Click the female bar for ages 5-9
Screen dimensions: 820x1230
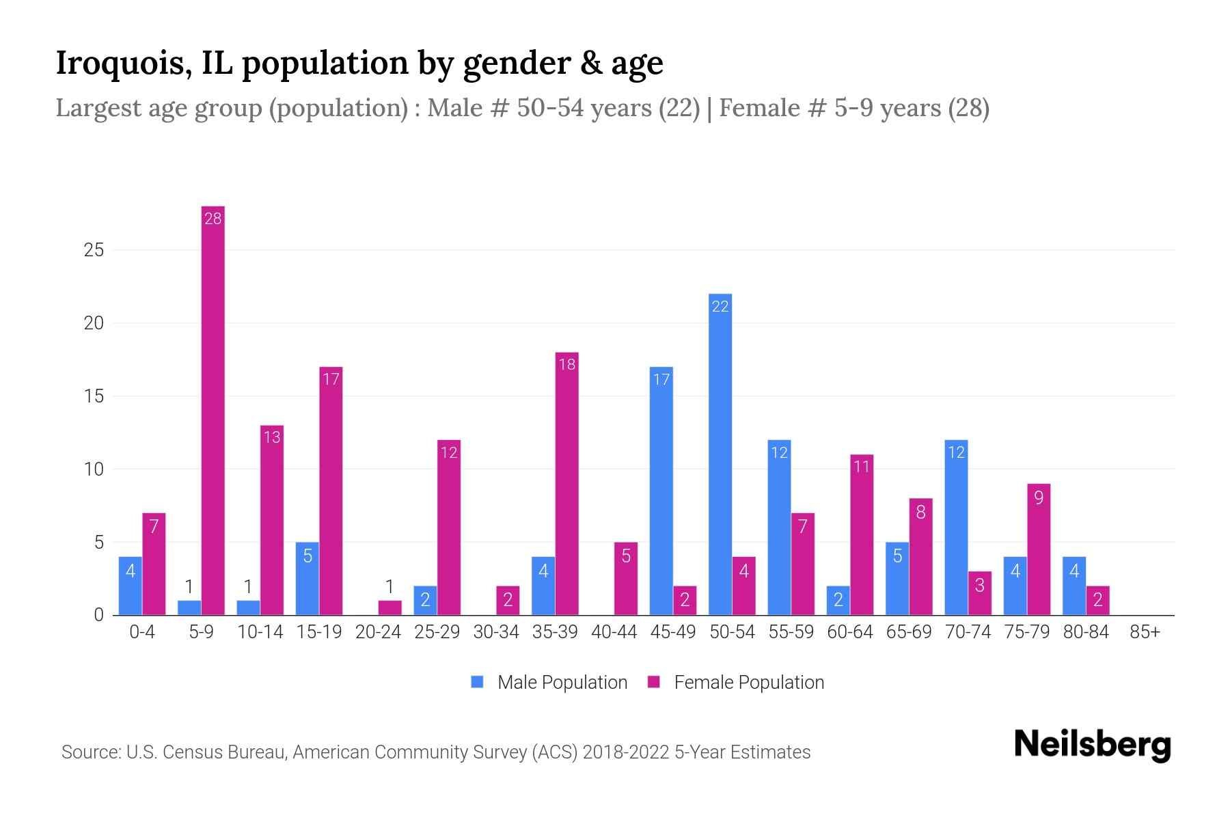[x=213, y=410]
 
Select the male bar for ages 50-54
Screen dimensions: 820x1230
[x=720, y=454]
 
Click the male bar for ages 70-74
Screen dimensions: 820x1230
[x=956, y=528]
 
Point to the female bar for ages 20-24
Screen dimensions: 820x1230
[x=390, y=607]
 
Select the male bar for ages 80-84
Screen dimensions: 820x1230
[x=1074, y=586]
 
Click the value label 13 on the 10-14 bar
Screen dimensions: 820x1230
[x=272, y=437]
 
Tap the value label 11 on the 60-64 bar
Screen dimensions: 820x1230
[x=862, y=467]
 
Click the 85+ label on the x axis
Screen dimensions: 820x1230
[x=1145, y=632]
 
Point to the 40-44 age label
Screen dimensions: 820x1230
[x=614, y=632]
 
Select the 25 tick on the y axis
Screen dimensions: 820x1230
[x=94, y=250]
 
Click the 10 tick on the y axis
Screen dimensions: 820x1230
[x=94, y=469]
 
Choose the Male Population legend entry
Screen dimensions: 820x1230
[x=562, y=683]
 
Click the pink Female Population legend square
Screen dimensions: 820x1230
[x=654, y=682]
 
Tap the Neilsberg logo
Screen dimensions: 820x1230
[x=1092, y=745]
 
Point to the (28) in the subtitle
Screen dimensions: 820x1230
[x=968, y=108]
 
